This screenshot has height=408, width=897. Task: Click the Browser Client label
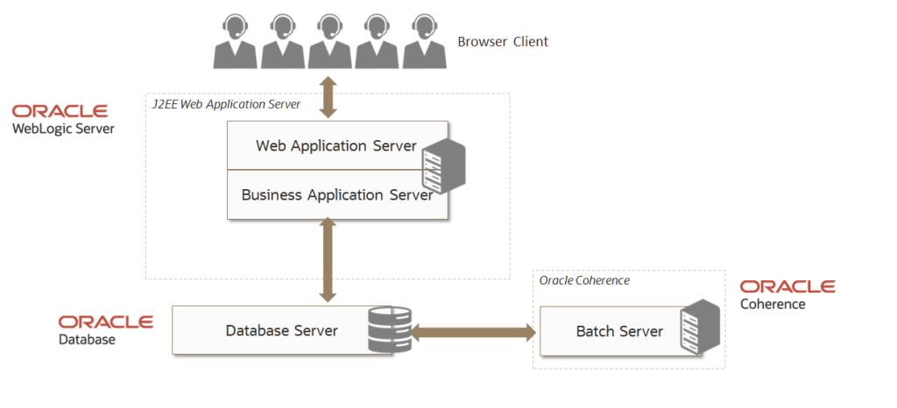[x=503, y=41]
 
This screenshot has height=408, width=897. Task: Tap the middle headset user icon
[x=329, y=41]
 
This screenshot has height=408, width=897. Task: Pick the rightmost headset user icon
[x=424, y=41]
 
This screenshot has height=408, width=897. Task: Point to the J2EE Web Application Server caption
[x=225, y=104]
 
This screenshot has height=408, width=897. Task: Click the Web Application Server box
[x=335, y=145]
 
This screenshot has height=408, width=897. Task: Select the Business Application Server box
[x=336, y=195]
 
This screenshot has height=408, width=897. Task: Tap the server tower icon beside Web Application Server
[x=442, y=165]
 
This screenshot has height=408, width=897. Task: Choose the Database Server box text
[x=281, y=331]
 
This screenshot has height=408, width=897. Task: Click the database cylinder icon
[x=390, y=329]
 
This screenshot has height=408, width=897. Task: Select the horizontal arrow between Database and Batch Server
[x=473, y=332]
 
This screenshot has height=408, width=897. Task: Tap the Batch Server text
[x=619, y=332]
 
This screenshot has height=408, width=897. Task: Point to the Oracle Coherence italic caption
[x=584, y=280]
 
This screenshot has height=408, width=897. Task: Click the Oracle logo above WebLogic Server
[x=60, y=111]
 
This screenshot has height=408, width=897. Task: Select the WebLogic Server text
[x=63, y=129]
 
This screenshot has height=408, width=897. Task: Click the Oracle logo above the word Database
[x=106, y=322]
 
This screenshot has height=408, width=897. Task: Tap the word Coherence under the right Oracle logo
[x=773, y=305]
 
